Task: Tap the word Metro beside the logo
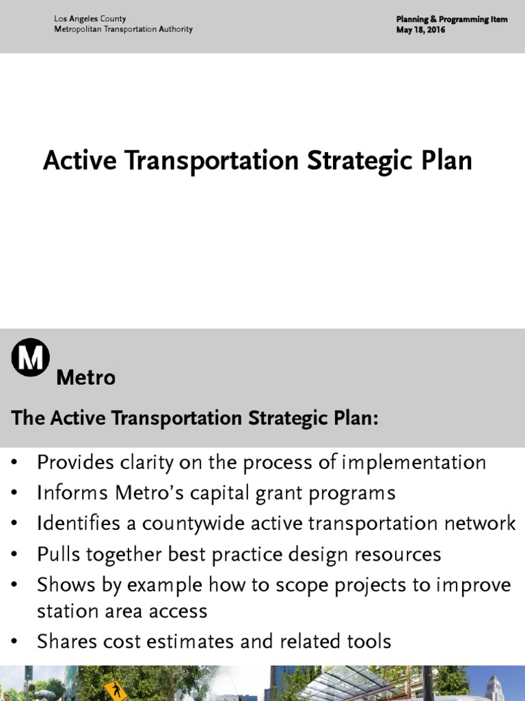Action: coord(85,377)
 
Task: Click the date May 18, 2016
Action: coord(420,30)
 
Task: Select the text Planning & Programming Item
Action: coord(451,19)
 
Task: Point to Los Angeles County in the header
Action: coord(90,19)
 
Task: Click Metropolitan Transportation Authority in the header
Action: coord(123,29)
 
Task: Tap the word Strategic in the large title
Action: coord(355,160)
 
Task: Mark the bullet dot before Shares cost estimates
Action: coord(16,642)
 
